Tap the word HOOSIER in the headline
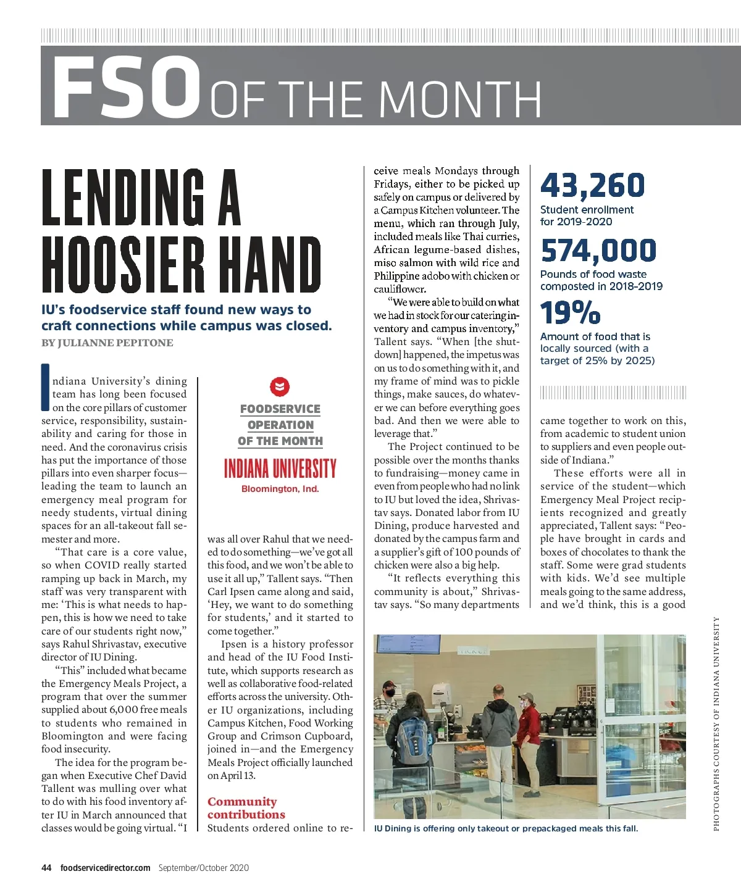click(x=123, y=265)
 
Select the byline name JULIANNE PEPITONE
click(x=115, y=343)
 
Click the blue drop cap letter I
click(x=45, y=388)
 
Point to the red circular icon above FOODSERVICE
click(x=280, y=387)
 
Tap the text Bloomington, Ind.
click(x=280, y=489)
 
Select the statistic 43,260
click(x=592, y=185)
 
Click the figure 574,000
click(x=598, y=251)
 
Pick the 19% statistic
click(x=569, y=313)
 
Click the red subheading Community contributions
click(x=246, y=808)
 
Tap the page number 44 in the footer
click(x=46, y=868)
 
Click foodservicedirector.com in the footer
click(x=105, y=868)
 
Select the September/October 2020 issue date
click(x=203, y=868)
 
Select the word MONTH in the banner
click(x=461, y=99)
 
